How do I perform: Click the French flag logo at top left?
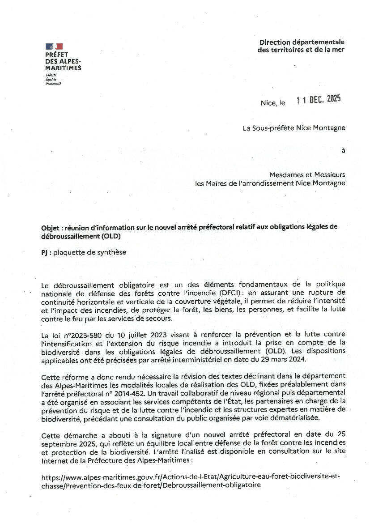click(x=54, y=47)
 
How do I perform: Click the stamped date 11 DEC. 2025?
click(x=319, y=100)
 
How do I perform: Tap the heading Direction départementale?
click(x=302, y=42)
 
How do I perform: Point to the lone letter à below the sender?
click(x=343, y=151)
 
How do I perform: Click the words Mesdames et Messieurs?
click(x=307, y=175)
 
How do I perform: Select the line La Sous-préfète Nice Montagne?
click(x=294, y=128)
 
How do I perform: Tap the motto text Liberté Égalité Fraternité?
click(x=53, y=79)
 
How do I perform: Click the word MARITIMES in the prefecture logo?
click(x=63, y=68)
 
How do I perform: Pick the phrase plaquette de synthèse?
click(x=89, y=252)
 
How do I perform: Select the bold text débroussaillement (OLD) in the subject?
click(x=81, y=235)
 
